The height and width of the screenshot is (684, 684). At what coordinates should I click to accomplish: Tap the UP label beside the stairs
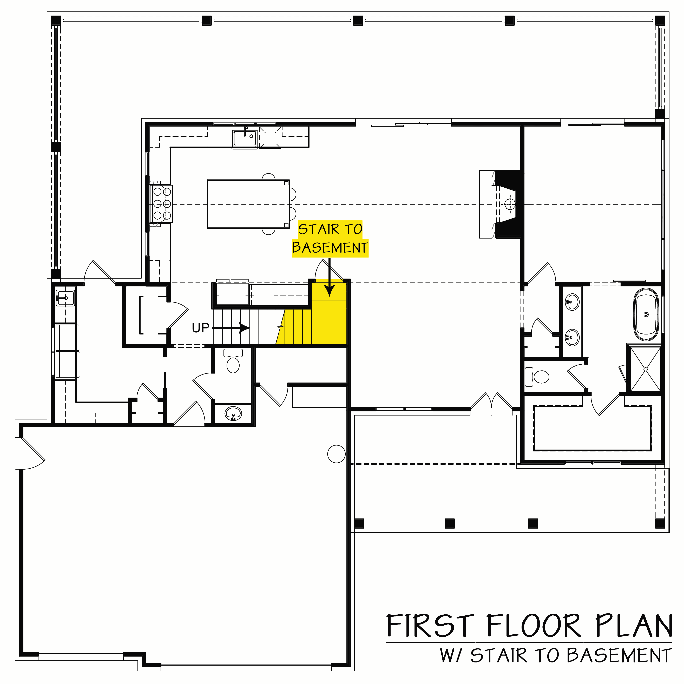(200, 328)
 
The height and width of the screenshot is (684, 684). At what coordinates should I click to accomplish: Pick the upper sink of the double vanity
(572, 302)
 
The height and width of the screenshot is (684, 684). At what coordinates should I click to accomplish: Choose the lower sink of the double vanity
(572, 337)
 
